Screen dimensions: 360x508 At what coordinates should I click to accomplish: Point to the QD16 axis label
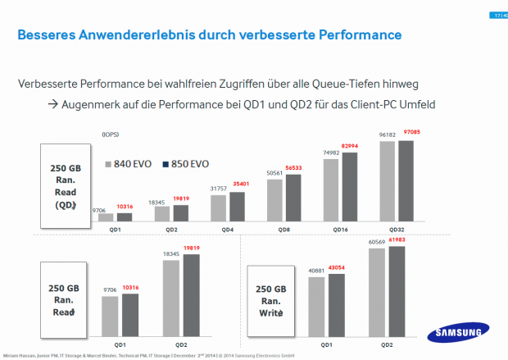341,230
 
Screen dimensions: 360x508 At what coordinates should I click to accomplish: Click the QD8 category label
284,230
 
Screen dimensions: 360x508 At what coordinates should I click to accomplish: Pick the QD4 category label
228,230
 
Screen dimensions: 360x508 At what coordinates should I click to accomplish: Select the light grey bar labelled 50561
275,201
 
